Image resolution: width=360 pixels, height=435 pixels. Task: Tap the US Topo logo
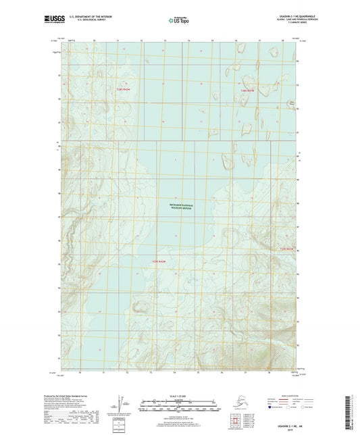tap(179, 21)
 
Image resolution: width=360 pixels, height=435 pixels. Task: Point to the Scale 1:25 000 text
tap(179, 396)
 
